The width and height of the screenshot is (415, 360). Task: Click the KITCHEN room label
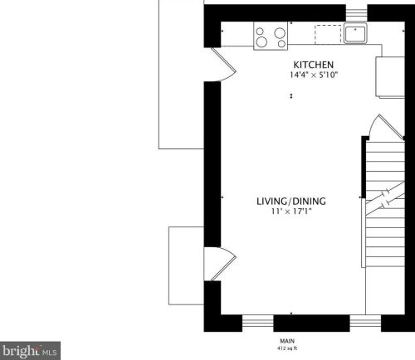click(x=313, y=65)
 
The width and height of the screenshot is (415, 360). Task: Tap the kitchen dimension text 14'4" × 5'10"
click(x=313, y=75)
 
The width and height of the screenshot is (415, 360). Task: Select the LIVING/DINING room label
click(x=290, y=202)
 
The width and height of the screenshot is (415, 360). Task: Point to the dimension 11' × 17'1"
click(x=290, y=212)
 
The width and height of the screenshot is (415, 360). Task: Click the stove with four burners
click(x=270, y=37)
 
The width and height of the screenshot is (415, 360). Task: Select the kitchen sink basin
click(x=356, y=34)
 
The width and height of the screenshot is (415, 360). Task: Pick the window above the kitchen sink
click(x=356, y=12)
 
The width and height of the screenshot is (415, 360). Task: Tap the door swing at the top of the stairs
click(x=373, y=128)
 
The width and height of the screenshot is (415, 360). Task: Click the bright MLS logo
click(x=30, y=349)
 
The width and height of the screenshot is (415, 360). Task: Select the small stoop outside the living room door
click(x=185, y=265)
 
